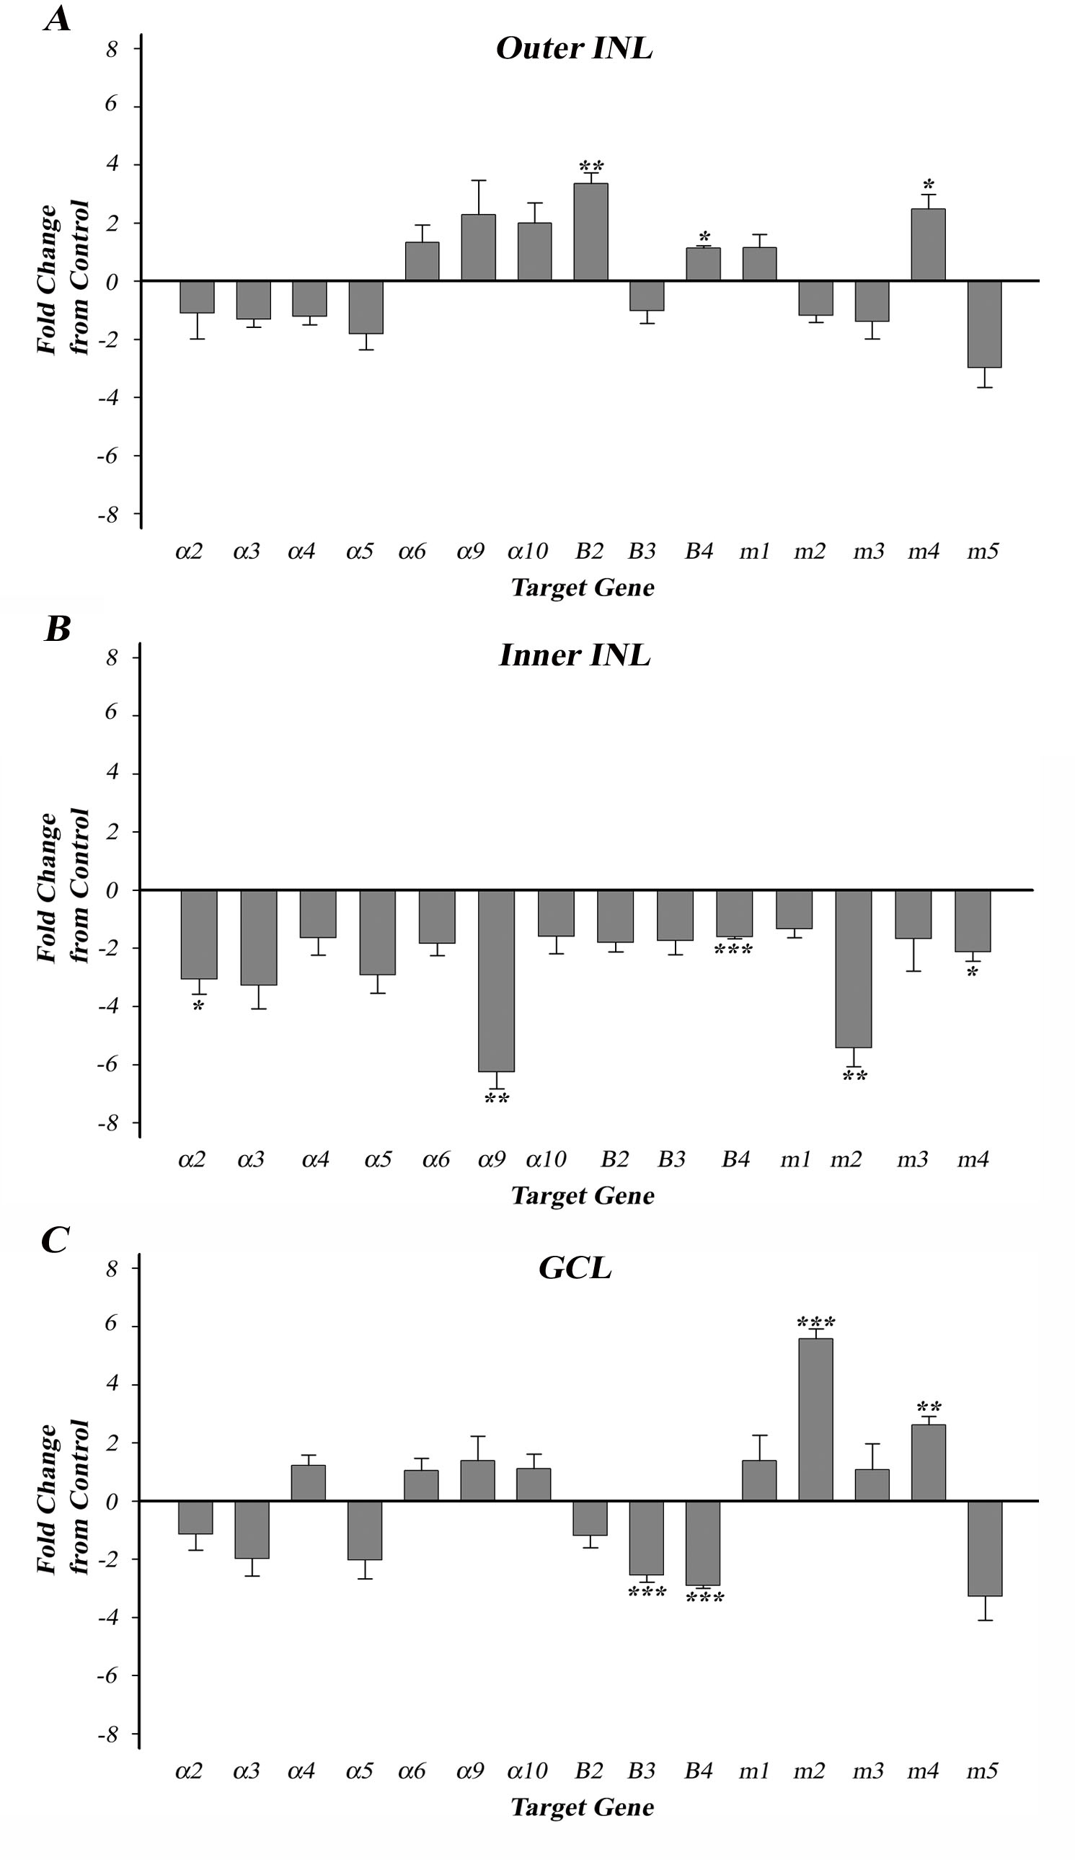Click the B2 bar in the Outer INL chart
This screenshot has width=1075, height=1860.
click(590, 231)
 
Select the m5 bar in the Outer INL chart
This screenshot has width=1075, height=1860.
click(985, 324)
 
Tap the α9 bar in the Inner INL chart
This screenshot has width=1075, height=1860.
click(496, 980)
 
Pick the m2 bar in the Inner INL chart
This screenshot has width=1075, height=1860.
click(854, 968)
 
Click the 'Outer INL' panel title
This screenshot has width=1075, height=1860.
click(575, 49)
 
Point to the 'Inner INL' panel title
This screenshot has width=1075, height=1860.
click(575, 655)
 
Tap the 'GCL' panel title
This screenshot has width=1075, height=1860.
click(575, 1268)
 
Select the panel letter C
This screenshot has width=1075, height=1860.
click(56, 1240)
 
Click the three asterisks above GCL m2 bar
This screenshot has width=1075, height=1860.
click(816, 1322)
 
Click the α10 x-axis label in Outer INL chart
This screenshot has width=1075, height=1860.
click(528, 552)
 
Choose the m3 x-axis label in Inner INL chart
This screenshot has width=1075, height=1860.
click(913, 1159)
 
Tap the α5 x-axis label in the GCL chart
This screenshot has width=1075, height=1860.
click(360, 1771)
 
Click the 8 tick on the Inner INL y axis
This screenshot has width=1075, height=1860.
click(112, 657)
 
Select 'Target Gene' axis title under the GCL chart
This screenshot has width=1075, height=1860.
click(583, 1807)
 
